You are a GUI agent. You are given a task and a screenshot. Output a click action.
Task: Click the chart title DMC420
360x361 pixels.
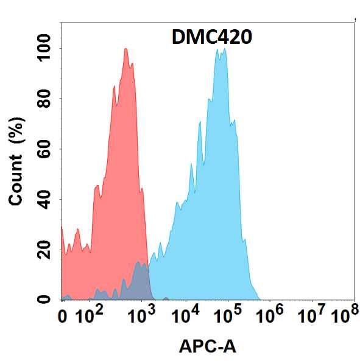coord(210,38)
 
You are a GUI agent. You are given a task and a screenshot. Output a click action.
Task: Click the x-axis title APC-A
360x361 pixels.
coord(208,347)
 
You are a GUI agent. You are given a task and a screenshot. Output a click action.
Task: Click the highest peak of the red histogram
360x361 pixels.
coord(125,49)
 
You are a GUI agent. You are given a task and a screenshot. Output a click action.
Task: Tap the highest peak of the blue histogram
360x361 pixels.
coord(217,50)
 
